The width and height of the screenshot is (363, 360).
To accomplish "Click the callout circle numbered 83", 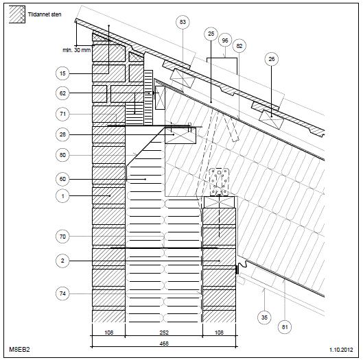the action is pos(183,22).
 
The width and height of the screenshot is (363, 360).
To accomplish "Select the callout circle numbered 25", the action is pos(211,34).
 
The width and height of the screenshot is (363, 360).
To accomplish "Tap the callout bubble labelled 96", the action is pos(225,40).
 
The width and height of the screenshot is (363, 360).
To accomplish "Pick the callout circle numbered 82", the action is pos(239,46).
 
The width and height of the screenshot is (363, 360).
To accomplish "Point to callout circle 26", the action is pos(272,59).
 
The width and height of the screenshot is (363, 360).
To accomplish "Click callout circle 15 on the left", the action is pos(62,73).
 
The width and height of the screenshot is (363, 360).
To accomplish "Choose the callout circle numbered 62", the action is pos(62,93).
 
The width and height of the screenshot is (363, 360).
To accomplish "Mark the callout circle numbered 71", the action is pos(62,114).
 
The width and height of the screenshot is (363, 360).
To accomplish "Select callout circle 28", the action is pos(62,134).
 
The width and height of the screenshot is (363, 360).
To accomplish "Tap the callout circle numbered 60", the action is pos(62,179).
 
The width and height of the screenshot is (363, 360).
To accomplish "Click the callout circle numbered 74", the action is pos(62,293).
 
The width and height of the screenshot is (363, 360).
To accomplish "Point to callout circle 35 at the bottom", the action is pos(264,317).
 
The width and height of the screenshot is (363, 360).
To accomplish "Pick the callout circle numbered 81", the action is pos(285,327).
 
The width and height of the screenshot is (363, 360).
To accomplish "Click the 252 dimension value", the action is pos(164,333).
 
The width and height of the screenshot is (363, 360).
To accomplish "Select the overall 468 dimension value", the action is pos(164,344).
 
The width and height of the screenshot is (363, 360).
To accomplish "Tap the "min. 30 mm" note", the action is pos(77,50).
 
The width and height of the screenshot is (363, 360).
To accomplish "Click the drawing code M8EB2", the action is pos(19,349).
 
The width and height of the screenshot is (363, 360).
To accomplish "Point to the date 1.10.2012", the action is pos(341,349).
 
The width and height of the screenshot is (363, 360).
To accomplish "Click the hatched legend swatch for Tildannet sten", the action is pos(17,14).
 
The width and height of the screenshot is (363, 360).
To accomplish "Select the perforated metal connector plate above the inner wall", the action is pos(219,182).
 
